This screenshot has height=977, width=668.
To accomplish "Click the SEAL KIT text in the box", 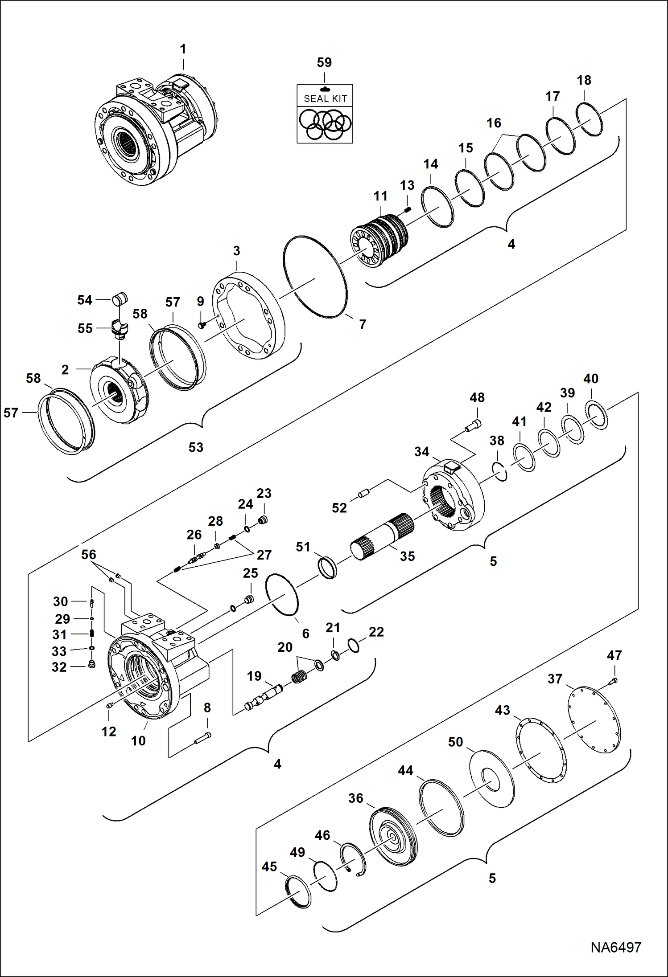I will coord(325,98).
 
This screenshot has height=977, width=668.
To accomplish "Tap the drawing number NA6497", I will coord(616,947).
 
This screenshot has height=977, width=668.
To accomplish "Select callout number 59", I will coord(324,62).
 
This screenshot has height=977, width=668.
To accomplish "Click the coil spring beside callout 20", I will coord(300,678).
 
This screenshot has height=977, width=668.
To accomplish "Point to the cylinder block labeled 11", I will coord(379,242).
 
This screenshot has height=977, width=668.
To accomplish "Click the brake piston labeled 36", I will coord(394,835).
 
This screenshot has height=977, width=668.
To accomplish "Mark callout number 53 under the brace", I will coord(196,447).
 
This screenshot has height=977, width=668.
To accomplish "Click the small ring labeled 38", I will coord(500,471).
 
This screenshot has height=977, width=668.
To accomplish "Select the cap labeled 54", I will coord(120,298).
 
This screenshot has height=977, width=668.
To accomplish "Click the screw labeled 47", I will coord(614,680).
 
